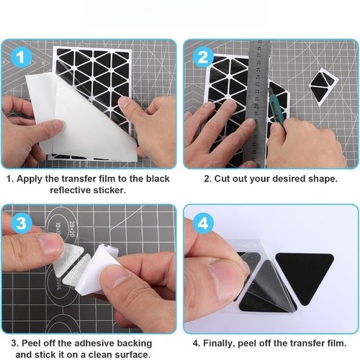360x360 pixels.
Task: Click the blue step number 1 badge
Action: pyautogui.click(x=22, y=58)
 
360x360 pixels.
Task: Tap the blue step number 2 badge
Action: pyautogui.click(x=203, y=58)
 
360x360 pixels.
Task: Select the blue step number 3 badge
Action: pyautogui.click(x=22, y=223)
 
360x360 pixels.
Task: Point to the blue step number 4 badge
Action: pyautogui.click(x=203, y=223)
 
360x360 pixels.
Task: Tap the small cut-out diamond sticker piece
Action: pyautogui.click(x=323, y=86)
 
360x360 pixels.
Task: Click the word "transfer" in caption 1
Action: pyautogui.click(x=76, y=179)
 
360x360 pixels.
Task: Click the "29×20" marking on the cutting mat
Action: pyautogui.click(x=72, y=230)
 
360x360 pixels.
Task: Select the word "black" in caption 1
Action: pyautogui.click(x=158, y=179)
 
